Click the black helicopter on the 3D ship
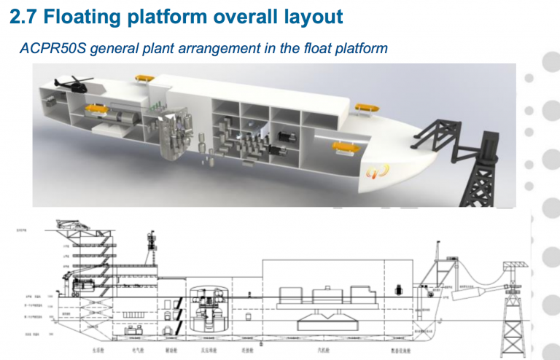click(x=72, y=85)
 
